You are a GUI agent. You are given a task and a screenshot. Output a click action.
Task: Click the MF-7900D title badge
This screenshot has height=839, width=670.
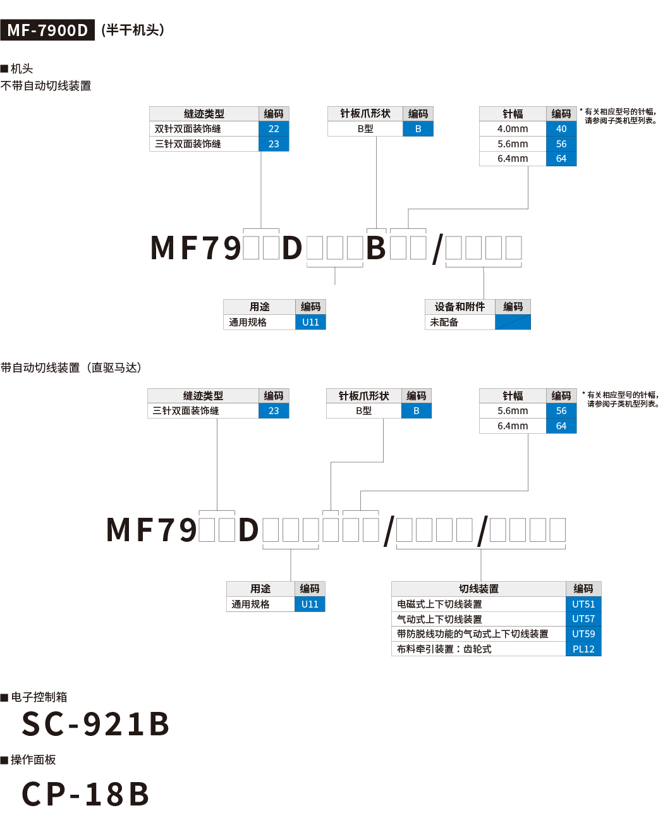tap(47, 30)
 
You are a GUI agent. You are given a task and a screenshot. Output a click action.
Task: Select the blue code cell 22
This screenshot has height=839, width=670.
tap(274, 129)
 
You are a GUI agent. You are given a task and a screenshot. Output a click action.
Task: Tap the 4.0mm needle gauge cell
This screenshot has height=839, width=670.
tap(513, 129)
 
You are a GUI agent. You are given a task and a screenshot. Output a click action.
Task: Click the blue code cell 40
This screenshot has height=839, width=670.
tap(561, 129)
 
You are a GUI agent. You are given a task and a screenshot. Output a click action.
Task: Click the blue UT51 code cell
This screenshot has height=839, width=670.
tap(583, 604)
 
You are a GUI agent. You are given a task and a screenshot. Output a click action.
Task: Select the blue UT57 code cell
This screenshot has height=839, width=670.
tap(583, 619)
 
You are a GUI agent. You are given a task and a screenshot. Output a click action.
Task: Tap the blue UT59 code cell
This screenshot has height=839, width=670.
tap(583, 634)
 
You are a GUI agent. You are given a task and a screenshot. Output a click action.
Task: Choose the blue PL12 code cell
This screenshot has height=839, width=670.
tap(583, 649)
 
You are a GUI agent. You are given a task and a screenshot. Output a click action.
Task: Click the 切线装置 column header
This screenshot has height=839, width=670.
tap(478, 589)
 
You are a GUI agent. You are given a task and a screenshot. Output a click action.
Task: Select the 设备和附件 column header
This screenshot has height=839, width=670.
tap(460, 307)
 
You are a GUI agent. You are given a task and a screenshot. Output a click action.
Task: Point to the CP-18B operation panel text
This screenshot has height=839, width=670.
tap(86, 795)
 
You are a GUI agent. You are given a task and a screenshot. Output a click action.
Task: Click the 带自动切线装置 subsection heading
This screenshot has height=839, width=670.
tap(71, 368)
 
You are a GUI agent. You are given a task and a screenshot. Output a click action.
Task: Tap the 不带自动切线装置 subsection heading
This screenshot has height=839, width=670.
tap(46, 86)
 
